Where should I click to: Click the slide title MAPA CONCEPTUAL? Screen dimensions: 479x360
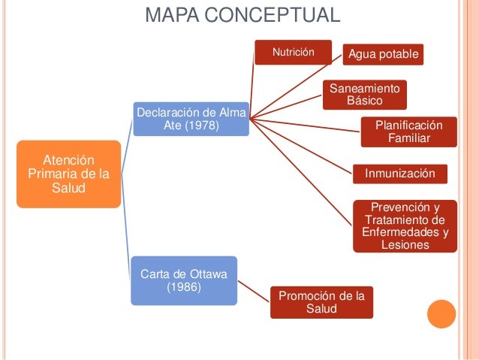[x=242, y=15]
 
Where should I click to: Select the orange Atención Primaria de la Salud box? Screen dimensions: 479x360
[x=68, y=174]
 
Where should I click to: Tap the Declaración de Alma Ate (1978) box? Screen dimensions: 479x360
[x=191, y=119]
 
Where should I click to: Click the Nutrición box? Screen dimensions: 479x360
[x=292, y=53]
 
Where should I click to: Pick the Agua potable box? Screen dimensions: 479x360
[x=382, y=55]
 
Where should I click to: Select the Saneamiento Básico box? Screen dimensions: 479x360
[x=365, y=95]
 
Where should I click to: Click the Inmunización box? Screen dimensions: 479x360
[x=400, y=174]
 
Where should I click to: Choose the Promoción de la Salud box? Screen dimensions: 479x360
[x=321, y=302]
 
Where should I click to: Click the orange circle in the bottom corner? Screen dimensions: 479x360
[x=441, y=315]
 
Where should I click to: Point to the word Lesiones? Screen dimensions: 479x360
[x=405, y=245]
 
